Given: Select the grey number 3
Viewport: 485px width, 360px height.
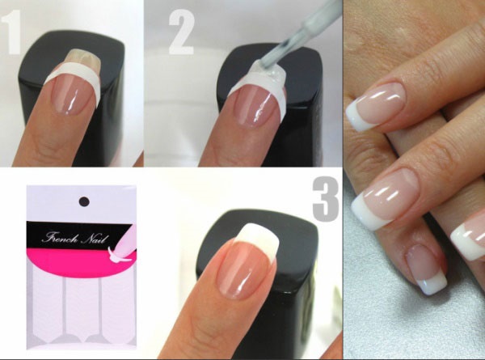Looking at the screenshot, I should [x=325, y=201].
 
